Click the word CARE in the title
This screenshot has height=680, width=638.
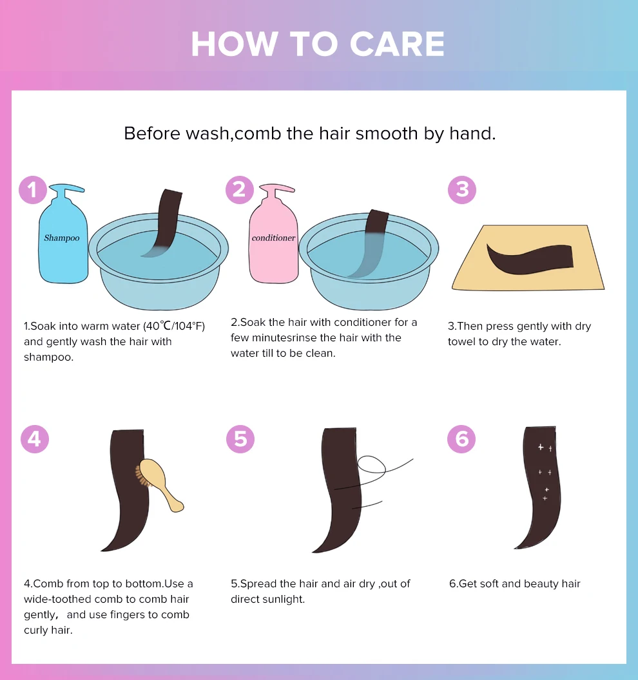click(x=397, y=44)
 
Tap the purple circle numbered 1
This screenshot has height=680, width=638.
click(x=33, y=190)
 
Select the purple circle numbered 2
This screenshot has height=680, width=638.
click(x=240, y=190)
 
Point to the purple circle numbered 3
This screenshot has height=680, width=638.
click(x=462, y=190)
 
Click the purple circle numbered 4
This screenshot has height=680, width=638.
click(x=35, y=439)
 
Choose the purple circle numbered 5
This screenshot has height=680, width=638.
click(x=240, y=439)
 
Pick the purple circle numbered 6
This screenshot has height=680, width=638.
click(x=461, y=439)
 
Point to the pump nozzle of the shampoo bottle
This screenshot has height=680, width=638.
click(x=66, y=189)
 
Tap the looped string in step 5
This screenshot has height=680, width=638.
click(x=371, y=464)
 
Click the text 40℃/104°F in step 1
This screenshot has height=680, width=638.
click(x=174, y=326)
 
